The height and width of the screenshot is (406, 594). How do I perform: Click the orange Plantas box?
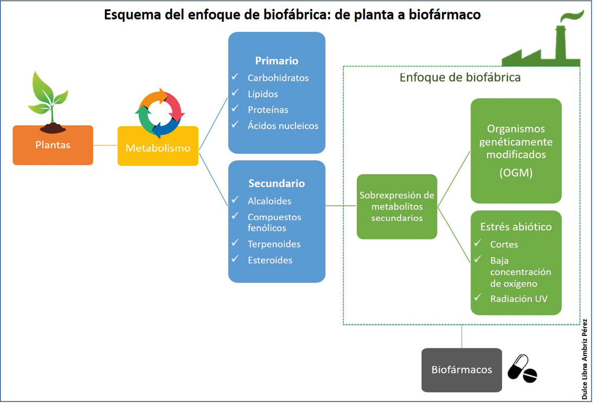[x=53, y=145]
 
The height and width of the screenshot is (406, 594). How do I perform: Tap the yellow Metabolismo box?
[x=158, y=146]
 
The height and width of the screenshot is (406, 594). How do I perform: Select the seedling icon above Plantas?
[x=49, y=102]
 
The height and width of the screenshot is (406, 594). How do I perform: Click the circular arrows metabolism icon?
[x=160, y=113]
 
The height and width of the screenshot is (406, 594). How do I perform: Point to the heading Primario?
[x=277, y=60]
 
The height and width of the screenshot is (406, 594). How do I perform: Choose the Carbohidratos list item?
[x=278, y=78]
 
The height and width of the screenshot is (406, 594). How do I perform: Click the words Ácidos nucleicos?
[x=283, y=126]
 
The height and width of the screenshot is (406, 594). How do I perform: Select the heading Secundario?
[x=277, y=183]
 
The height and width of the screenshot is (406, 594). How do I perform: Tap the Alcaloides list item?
[x=270, y=201]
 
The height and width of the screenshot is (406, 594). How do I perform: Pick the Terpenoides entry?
[x=274, y=244]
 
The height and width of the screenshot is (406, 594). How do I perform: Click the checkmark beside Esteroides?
[x=235, y=259]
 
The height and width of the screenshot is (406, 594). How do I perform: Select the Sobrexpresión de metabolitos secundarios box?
[x=397, y=207]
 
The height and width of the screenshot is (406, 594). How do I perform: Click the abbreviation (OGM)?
[x=516, y=173]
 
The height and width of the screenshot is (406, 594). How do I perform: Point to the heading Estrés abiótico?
[x=516, y=227]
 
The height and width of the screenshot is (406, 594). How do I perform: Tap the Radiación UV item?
[x=518, y=299]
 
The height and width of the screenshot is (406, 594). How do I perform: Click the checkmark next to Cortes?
[x=478, y=243]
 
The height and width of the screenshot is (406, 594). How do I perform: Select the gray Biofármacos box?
[x=461, y=370]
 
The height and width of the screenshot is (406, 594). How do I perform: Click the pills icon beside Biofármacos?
[x=522, y=369]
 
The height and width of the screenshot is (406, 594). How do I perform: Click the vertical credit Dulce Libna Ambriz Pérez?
[x=585, y=359]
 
